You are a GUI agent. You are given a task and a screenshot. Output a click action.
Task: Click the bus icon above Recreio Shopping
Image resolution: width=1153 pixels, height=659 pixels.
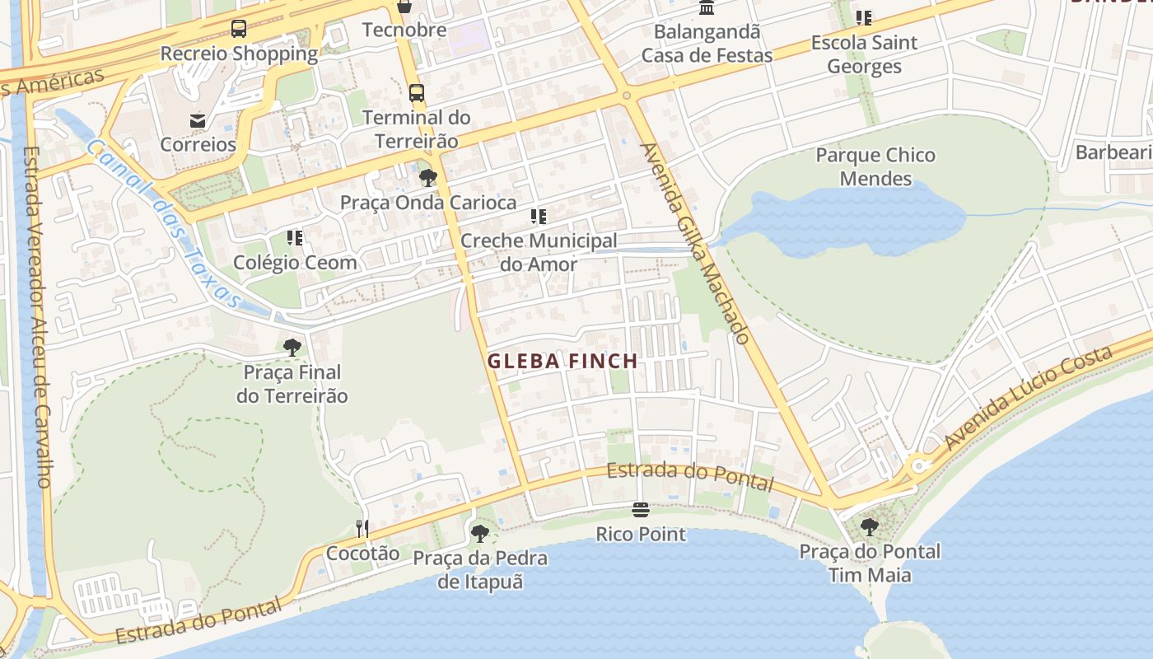click(239, 30)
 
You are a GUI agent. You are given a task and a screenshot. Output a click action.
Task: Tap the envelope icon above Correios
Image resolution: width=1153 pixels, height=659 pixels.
click(198, 120)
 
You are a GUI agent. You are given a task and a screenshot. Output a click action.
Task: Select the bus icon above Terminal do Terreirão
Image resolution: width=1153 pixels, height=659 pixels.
click(417, 92)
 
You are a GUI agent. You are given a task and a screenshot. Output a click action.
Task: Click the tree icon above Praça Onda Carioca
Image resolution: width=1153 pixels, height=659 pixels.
click(427, 178)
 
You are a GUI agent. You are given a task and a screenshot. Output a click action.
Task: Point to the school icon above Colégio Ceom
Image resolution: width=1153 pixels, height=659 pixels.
click(295, 238)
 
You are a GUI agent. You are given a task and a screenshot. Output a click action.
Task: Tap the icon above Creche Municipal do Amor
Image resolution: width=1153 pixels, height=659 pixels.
click(539, 217)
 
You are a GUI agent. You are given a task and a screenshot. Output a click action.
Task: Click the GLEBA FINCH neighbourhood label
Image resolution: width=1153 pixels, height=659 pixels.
click(562, 361)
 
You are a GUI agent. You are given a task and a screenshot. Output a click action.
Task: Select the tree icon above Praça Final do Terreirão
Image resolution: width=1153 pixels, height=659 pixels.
click(292, 348)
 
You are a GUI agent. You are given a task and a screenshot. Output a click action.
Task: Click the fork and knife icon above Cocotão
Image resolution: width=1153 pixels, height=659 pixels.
click(362, 528)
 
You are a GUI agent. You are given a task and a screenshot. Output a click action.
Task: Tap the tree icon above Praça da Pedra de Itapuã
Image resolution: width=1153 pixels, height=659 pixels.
click(480, 534)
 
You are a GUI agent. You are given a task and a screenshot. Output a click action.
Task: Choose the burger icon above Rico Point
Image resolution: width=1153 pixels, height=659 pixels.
click(641, 510)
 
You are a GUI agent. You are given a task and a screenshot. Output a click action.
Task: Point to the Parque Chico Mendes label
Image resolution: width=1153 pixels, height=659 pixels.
click(875, 166)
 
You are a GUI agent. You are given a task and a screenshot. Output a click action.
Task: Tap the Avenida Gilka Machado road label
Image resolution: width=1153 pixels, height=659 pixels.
click(695, 243)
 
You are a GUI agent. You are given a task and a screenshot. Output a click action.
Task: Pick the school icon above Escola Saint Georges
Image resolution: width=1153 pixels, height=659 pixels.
click(864, 17)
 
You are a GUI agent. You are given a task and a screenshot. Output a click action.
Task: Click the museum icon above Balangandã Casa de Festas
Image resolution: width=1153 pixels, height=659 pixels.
click(707, 8)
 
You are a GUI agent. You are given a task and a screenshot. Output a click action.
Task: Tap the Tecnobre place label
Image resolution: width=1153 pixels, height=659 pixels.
click(404, 30)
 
